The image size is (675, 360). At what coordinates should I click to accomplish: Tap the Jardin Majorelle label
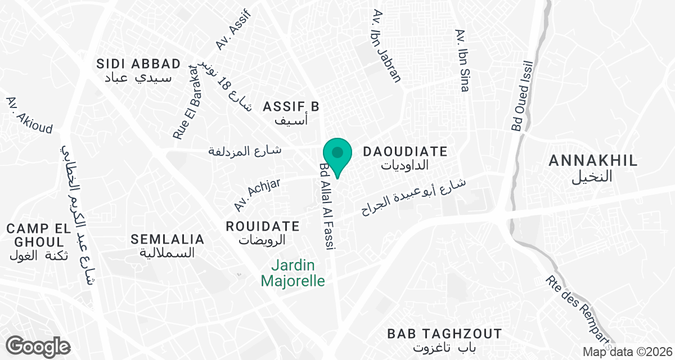pyautogui.click(x=293, y=272)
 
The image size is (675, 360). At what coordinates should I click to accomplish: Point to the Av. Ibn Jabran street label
pyautogui.click(x=386, y=46)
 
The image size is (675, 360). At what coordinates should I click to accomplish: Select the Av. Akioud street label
pyautogui.click(x=29, y=116)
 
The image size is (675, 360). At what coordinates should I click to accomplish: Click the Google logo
pyautogui.click(x=38, y=346)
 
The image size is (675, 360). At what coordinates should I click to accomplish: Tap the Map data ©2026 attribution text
pyautogui.click(x=627, y=352)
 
